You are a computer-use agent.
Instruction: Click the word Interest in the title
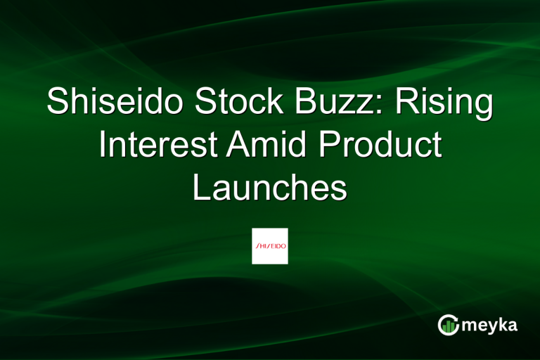click(x=157, y=146)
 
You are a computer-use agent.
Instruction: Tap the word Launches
click(x=270, y=188)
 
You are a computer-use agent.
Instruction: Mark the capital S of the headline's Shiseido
click(x=57, y=104)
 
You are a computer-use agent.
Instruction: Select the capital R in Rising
click(x=406, y=104)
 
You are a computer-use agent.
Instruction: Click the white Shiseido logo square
click(x=270, y=246)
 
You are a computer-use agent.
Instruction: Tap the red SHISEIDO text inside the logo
click(x=270, y=247)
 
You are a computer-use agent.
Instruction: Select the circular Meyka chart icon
click(x=448, y=324)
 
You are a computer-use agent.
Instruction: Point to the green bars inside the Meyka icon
click(x=449, y=326)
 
